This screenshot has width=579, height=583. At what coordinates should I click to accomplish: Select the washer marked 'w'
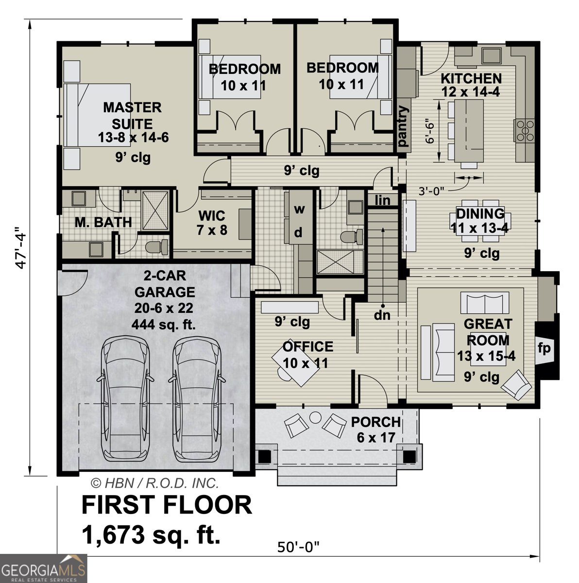coord(300,209)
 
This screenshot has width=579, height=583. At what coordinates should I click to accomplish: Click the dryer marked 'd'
coord(299,233)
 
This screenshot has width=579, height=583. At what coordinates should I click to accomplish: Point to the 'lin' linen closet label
coord(383,200)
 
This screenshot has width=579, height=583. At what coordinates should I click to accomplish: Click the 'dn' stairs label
coord(382,315)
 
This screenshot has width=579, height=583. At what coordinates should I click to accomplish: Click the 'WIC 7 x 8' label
coord(212,222)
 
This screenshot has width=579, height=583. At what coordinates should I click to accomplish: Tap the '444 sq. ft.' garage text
coord(164,325)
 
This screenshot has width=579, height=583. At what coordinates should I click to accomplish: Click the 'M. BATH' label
coord(103,223)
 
